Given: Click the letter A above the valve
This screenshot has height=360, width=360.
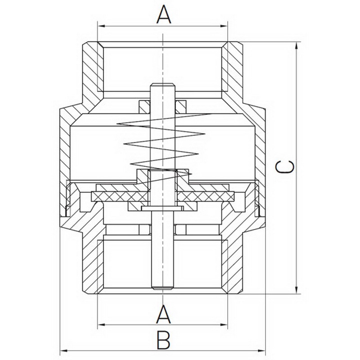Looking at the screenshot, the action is point(164,14).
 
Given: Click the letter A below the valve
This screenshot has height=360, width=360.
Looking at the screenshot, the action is point(164,314).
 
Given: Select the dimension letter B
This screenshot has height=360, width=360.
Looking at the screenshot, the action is point(163,340).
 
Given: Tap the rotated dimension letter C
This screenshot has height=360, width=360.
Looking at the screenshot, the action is point(285,167).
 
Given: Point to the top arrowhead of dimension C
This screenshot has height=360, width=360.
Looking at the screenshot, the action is point(297,46).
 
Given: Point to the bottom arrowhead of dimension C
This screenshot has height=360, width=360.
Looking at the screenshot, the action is point(297,290).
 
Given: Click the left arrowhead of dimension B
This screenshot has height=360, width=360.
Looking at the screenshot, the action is point(63,351).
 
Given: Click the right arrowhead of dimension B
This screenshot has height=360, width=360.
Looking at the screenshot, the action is point(261,351).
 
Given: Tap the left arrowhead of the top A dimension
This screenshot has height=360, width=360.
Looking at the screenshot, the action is point(101,26).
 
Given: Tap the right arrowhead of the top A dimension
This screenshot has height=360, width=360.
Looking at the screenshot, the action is point(224,26).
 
